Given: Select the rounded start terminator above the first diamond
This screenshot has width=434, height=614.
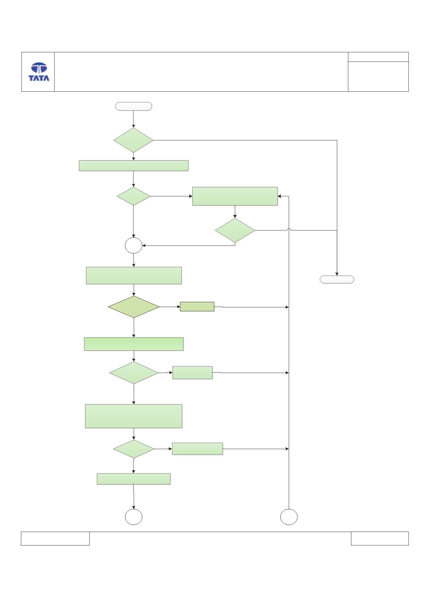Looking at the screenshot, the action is click(133, 106).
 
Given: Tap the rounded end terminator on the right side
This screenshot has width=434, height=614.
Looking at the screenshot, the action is click(337, 279).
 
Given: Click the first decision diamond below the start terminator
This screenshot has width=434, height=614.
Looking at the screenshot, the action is click(133, 140).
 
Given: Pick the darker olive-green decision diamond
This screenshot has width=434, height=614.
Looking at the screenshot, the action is click(134, 307).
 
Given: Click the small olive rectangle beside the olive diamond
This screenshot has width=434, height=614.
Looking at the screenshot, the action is click(197, 307).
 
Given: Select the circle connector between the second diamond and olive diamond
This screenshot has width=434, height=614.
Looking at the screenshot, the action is click(133, 246).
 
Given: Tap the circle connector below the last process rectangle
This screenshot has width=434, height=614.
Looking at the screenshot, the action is click(134, 517).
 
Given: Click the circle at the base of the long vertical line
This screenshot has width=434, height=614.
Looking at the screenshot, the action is click(289, 517).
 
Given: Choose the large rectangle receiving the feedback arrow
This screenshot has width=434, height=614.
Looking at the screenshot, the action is click(235, 196).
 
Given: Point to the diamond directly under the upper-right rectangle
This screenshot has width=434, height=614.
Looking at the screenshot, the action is click(235, 230).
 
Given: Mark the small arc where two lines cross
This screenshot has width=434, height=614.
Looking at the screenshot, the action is click(289, 229).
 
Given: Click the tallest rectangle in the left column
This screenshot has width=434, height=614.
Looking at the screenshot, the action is click(134, 416).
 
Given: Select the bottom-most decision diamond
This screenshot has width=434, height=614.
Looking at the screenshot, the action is click(134, 449).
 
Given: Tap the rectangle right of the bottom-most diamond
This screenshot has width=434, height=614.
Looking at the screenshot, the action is click(197, 449).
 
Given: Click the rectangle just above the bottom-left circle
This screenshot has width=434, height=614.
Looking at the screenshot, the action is click(134, 479).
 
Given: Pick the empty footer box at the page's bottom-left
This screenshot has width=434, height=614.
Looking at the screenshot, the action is click(55, 538).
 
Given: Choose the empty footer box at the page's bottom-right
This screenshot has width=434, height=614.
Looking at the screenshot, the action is click(380, 538).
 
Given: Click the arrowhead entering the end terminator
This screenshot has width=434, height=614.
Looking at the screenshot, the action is click(337, 274).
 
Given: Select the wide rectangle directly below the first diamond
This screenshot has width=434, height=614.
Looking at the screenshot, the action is click(134, 166).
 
